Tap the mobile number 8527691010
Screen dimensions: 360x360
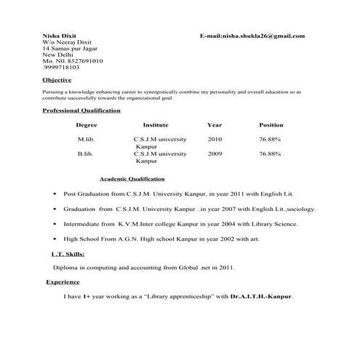point(80,61)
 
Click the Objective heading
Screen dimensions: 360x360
point(57,79)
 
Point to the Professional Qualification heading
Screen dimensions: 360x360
point(81,111)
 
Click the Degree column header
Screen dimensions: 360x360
point(86,125)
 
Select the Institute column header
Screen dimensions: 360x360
point(156,125)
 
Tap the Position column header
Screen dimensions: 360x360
point(271,125)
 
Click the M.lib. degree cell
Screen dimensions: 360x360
point(86,139)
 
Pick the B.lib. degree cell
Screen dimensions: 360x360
point(85,154)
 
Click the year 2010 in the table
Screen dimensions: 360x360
point(215,139)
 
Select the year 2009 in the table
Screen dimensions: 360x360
point(215,154)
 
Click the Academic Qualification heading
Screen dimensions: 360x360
point(132,178)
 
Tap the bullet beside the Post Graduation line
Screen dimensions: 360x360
point(54,195)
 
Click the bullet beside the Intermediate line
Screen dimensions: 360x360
point(54,224)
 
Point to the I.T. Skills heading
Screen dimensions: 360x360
point(68,254)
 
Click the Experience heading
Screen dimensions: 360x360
point(63,281)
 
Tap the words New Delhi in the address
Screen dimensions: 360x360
point(57,55)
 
